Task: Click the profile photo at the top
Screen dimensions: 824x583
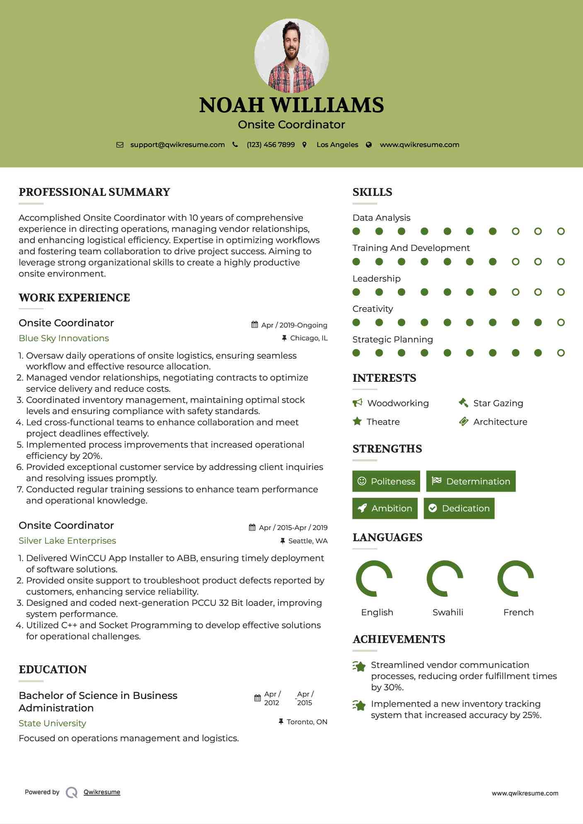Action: click(291, 56)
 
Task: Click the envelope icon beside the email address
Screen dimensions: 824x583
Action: click(120, 145)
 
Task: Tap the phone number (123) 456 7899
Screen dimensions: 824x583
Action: click(271, 145)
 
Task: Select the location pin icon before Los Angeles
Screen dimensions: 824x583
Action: click(305, 145)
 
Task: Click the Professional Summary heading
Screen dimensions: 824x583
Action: click(94, 192)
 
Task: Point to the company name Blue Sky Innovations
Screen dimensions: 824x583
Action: click(64, 338)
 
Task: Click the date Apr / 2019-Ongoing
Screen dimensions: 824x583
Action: click(294, 325)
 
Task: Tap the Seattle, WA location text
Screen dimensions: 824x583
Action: click(307, 541)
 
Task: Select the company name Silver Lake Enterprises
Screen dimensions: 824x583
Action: click(67, 541)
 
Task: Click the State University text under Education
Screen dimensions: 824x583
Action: click(52, 723)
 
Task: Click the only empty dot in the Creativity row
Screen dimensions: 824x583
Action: click(561, 323)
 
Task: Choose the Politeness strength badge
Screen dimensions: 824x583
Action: click(386, 481)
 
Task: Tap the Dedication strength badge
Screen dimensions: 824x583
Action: click(459, 508)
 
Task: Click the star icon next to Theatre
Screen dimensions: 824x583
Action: click(357, 422)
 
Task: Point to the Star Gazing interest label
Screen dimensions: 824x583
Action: click(498, 403)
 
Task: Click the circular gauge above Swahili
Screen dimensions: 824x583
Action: click(445, 578)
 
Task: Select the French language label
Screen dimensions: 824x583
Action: click(518, 612)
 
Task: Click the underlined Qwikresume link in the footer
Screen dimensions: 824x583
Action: click(102, 792)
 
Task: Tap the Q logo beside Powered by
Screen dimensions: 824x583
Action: click(72, 793)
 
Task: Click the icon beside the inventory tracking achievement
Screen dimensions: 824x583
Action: click(359, 705)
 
